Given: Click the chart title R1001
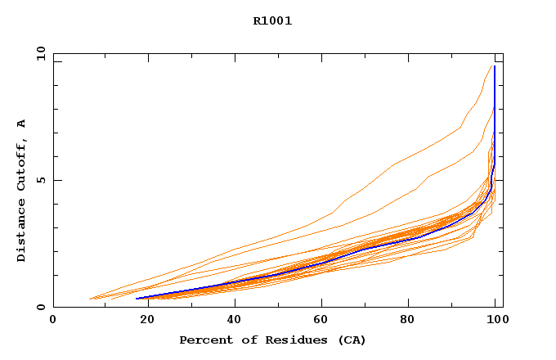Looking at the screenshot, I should click(272, 21).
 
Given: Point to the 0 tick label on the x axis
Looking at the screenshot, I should click(53, 321).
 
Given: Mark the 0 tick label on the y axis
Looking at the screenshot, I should click(40, 308).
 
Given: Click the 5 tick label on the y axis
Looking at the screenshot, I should click(40, 180).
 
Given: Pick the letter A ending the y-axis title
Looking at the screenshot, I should click(21, 124).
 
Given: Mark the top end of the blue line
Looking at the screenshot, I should click(495, 66).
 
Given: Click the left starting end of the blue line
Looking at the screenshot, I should click(137, 299).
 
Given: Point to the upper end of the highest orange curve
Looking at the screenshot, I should click(492, 66).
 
